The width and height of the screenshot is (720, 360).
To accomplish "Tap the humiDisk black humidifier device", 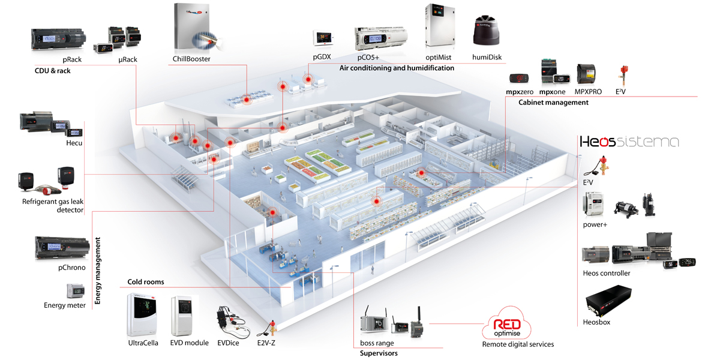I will pyautogui.click(x=487, y=31).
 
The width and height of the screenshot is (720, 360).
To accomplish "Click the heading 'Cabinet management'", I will pyautogui.click(x=553, y=103).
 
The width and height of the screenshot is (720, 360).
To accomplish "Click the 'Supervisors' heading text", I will pyautogui.click(x=379, y=353).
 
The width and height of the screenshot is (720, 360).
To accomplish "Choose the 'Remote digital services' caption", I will pyautogui.click(x=518, y=344).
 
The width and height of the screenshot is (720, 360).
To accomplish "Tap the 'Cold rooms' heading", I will pyautogui.click(x=146, y=282).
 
